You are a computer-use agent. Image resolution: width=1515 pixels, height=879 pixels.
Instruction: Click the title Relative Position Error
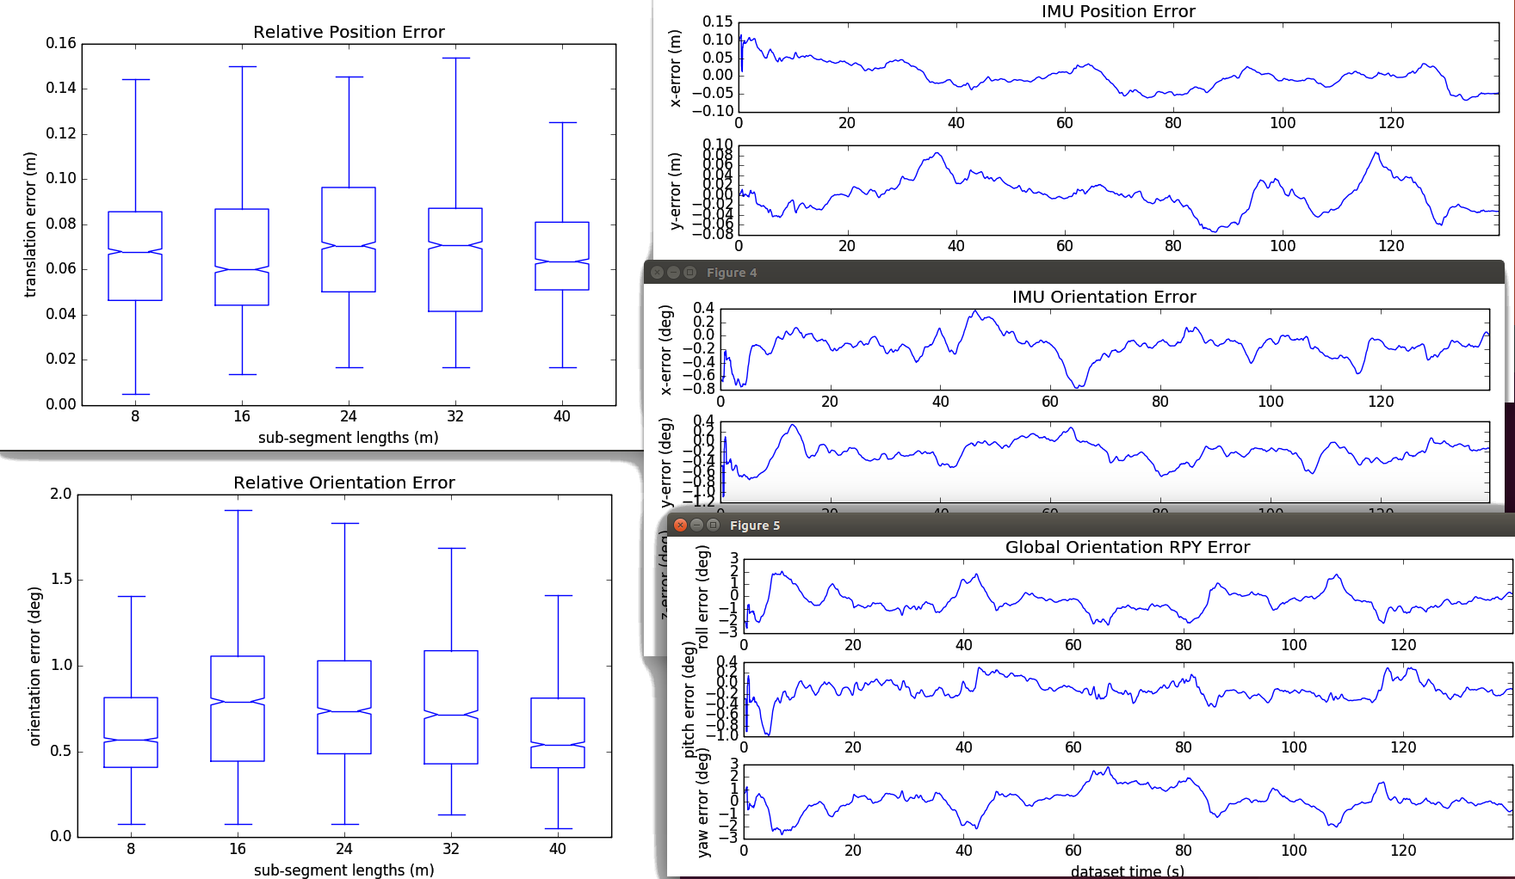pos(349,32)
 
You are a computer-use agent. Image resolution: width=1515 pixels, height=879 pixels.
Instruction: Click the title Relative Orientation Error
pos(343,483)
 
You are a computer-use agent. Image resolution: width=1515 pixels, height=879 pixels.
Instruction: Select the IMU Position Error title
pos(1117,11)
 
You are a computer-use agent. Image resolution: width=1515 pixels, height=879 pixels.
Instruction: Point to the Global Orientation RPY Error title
pos(1127,547)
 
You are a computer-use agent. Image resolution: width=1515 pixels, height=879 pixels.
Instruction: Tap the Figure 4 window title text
pos(731,273)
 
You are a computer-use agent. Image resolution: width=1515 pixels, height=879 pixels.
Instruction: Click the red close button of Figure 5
pos(680,525)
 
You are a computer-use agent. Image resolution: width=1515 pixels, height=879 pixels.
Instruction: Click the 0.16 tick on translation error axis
pos(61,43)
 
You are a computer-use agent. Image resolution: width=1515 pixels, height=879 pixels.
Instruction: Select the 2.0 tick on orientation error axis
pos(61,494)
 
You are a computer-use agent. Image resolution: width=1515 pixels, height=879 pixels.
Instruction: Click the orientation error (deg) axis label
pos(35,666)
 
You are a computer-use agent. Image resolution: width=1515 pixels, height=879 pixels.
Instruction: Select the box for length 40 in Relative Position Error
pos(562,255)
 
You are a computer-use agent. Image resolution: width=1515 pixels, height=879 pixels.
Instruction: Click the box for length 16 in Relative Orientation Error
pos(238,708)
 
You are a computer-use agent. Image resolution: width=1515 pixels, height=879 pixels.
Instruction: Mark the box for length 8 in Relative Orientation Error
pos(131,732)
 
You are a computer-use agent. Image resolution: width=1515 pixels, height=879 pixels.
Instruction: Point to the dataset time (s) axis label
pos(1127,871)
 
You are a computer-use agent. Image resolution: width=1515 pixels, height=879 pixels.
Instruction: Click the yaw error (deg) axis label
pos(704,802)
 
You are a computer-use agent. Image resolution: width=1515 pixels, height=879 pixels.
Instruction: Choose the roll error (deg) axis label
pos(703,596)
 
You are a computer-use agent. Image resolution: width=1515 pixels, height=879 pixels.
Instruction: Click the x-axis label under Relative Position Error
pos(348,438)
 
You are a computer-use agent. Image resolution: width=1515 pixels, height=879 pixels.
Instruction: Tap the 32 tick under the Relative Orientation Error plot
pos(451,849)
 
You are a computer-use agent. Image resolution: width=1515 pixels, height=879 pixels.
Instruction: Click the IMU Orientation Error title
pos(1104,297)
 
